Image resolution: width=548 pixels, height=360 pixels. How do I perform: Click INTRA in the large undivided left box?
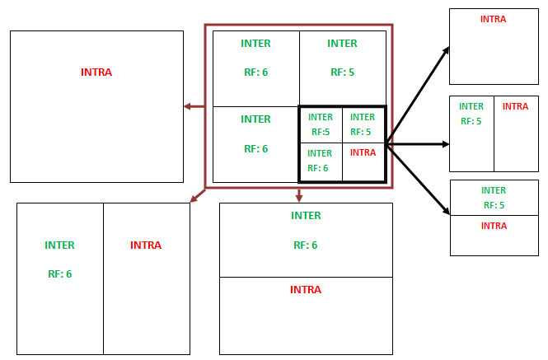96,72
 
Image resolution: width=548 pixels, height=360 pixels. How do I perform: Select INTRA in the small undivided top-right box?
493,19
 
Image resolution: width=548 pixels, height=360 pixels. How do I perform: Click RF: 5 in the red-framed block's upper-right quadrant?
342,72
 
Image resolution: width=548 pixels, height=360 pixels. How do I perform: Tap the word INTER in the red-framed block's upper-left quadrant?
255,44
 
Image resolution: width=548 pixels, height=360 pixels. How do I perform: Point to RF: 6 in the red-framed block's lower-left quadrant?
255,149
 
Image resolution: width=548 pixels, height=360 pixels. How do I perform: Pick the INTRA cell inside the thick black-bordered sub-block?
363,152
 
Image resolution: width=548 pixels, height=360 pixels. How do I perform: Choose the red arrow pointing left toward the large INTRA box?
194,106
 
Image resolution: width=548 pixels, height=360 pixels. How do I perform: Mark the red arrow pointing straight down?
299,195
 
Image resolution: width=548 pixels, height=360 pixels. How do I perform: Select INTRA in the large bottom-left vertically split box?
146,245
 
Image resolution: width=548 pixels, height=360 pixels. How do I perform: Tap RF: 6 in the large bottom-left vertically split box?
59,274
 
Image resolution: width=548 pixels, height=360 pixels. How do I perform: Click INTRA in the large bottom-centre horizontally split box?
306,290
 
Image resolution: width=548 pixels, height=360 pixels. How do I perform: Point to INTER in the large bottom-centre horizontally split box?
306,216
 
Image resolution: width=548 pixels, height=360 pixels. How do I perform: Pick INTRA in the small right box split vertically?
515,106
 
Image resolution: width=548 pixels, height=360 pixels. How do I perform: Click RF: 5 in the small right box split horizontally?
494,205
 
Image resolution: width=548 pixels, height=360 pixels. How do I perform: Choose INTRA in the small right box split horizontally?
494,226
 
